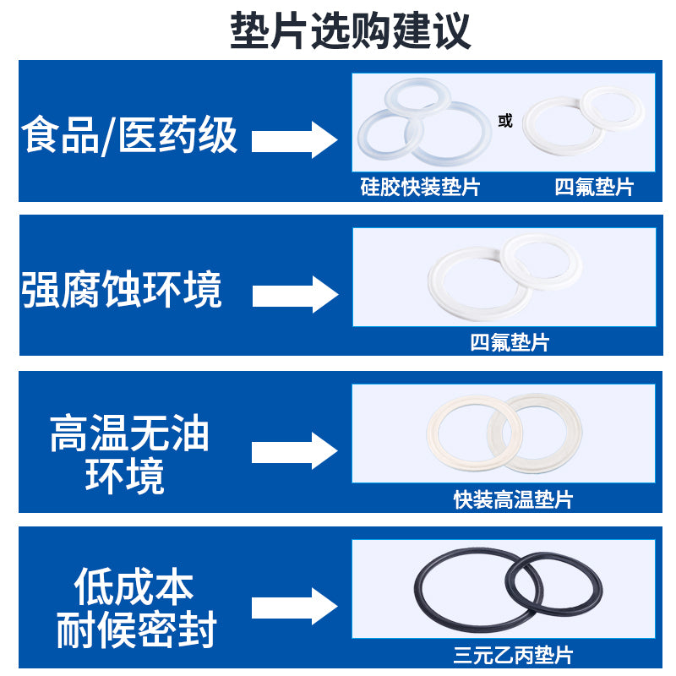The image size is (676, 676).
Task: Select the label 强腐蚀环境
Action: pyautogui.click(x=123, y=290)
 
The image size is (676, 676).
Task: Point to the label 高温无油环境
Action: pyautogui.click(x=128, y=455)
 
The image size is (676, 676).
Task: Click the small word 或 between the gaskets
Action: pyautogui.click(x=505, y=122)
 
